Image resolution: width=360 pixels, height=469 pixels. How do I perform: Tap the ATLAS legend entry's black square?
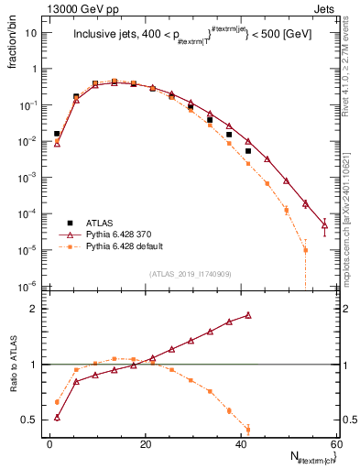click(x=69, y=223)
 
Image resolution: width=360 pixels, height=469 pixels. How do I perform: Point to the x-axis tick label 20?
click(x=145, y=444)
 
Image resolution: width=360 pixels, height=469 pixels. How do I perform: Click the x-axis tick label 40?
click(x=240, y=444)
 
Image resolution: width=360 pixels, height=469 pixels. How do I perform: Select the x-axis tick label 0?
click(x=49, y=444)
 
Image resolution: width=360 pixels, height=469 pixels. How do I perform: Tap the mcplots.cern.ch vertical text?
click(x=349, y=183)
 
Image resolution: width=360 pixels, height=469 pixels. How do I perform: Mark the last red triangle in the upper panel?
click(x=324, y=225)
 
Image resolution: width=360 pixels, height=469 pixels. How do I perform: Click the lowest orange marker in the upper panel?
click(x=305, y=249)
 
